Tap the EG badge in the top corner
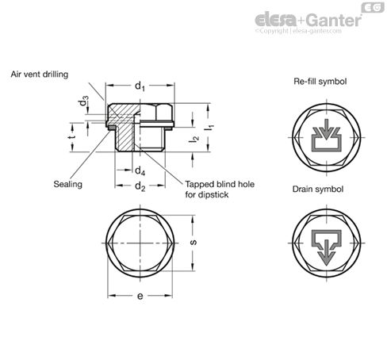pyautogui.click(x=373, y=7)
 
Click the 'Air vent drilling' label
pyautogui.click(x=40, y=74)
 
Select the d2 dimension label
pyautogui.click(x=140, y=187)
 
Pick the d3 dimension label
pyautogui.click(x=84, y=102)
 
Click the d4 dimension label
pyautogui.click(x=140, y=170)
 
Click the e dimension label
pyautogui.click(x=140, y=296)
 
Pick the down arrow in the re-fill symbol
pyautogui.click(x=323, y=128)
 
